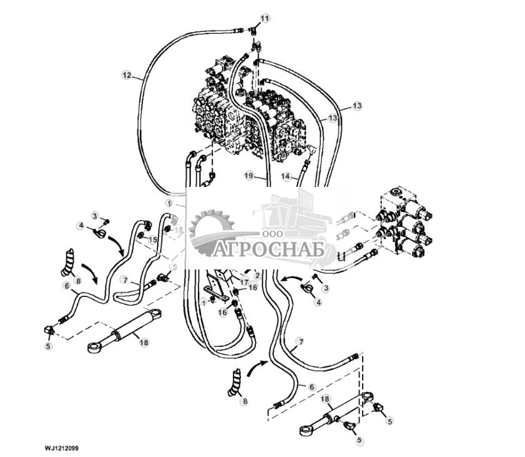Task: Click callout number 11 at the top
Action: pos(265,19)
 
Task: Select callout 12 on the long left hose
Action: pos(127,76)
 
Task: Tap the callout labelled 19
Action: pos(248,177)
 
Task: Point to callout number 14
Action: pos(286,177)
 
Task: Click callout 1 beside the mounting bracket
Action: pos(203,302)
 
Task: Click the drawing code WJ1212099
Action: pos(61,448)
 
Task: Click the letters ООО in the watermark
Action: pos(272,233)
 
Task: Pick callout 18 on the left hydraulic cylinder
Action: pos(144,343)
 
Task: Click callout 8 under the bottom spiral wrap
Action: pos(245,401)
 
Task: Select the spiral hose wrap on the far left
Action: pos(67,262)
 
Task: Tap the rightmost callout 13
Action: pos(356,106)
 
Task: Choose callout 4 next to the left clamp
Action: pos(81,226)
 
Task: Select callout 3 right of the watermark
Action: pos(325,288)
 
